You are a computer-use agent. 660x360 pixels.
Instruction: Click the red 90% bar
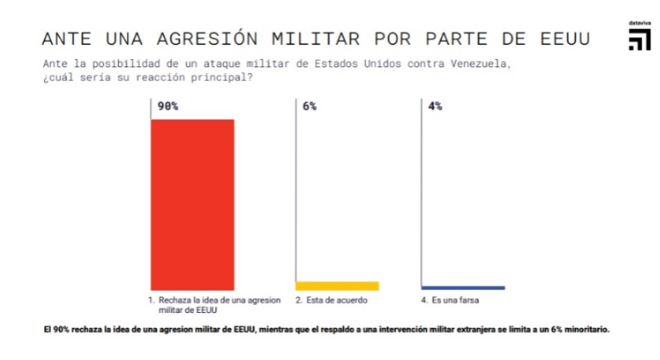(193, 204)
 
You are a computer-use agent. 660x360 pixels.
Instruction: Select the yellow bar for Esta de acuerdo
(337, 285)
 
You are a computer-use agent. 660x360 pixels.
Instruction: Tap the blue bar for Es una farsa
(463, 288)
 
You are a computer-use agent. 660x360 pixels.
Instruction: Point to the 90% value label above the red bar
(167, 106)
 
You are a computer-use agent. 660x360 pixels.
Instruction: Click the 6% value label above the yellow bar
(309, 106)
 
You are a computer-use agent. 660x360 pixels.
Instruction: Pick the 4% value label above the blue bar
(434, 106)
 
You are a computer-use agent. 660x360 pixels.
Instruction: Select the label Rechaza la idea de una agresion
(219, 300)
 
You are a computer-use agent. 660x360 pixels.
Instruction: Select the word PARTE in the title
(456, 38)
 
